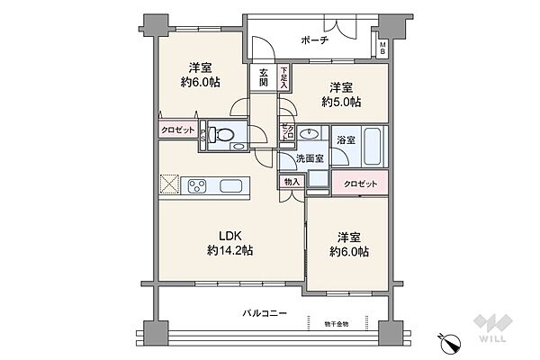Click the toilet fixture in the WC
[x=222, y=137]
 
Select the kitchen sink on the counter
[x=232, y=185]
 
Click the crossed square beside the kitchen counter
[x=170, y=185]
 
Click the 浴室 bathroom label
[x=345, y=139]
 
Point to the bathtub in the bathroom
[x=375, y=145]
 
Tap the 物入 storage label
[x=292, y=180]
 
